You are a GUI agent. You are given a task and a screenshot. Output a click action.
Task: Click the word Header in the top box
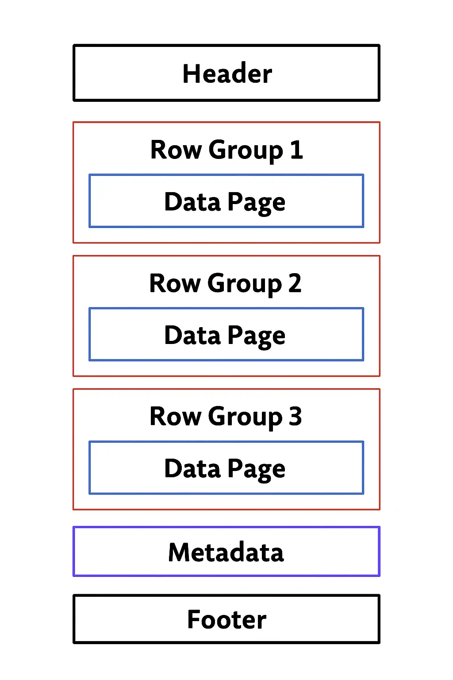(x=227, y=73)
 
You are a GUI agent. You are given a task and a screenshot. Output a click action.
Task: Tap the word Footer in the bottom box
(x=226, y=619)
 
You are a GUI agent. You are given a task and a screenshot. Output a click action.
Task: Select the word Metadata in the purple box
(x=226, y=552)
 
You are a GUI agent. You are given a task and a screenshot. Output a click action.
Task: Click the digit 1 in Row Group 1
(x=296, y=150)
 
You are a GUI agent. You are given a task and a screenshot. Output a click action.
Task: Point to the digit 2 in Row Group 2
(x=295, y=283)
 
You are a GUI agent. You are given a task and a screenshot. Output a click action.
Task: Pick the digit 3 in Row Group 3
(x=296, y=416)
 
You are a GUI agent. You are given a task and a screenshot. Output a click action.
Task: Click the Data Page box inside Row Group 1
(x=226, y=201)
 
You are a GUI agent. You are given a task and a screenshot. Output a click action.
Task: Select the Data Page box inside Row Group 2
(x=226, y=335)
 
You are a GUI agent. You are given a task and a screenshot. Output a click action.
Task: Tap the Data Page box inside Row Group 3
(x=226, y=468)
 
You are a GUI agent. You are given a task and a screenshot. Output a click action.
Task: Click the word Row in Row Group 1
(x=176, y=150)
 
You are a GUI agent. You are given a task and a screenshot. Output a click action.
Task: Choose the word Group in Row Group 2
(x=245, y=284)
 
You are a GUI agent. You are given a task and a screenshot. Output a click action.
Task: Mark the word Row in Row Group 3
(x=175, y=417)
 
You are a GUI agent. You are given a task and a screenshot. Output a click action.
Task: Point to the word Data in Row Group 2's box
(x=192, y=335)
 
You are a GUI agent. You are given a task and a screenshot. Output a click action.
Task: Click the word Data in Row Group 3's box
(x=192, y=468)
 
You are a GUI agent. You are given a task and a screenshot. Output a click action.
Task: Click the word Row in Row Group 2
(x=175, y=283)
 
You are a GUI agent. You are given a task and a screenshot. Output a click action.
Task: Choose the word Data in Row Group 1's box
(x=192, y=202)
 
